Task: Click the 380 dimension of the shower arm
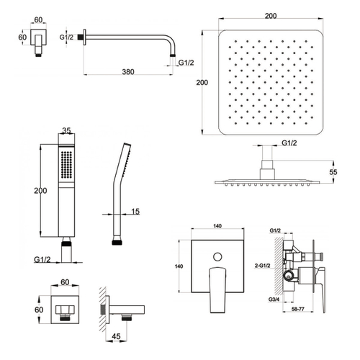128,71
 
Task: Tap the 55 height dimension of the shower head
333,172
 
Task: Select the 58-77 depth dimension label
298,310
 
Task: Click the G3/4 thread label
274,300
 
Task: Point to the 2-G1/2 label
262,266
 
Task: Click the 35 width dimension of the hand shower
66,130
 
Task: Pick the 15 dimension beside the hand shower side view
135,212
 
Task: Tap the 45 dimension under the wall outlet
116,336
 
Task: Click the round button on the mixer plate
217,256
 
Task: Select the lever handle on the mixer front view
217,289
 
